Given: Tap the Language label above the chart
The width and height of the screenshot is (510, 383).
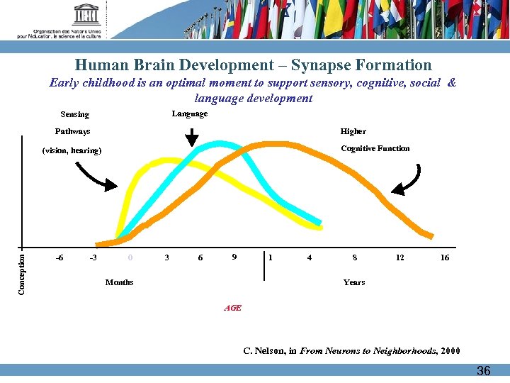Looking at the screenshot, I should (190, 113).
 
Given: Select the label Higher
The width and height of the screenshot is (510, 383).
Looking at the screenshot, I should (353, 131).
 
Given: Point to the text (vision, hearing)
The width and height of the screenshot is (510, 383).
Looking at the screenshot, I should (72, 150).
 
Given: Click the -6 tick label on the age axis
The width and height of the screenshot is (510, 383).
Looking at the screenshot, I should (59, 257).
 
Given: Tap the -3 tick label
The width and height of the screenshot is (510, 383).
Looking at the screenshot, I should (93, 257).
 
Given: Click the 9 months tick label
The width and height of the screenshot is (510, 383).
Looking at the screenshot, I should (234, 257).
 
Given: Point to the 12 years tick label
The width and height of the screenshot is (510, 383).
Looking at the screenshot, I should (399, 257).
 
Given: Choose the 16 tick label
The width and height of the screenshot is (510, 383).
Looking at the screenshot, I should (444, 257).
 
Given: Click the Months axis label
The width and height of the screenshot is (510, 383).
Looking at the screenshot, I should (119, 282).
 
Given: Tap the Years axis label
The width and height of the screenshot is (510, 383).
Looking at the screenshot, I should (354, 282).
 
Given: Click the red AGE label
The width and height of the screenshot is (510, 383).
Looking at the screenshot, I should (232, 308).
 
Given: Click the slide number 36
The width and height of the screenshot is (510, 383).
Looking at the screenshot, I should (483, 370).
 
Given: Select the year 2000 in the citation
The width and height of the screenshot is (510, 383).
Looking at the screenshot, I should (449, 350).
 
